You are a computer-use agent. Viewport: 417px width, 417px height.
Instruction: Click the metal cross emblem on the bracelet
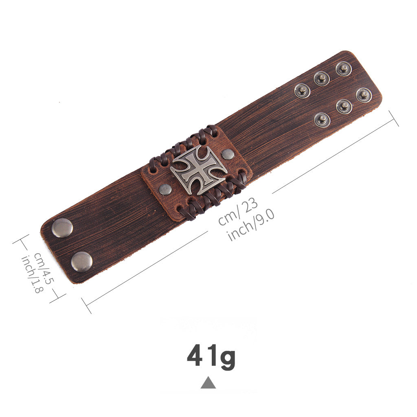(199, 170)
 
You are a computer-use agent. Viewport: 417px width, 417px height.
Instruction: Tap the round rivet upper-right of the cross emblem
(228, 154)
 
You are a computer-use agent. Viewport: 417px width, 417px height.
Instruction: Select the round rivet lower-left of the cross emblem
(165, 189)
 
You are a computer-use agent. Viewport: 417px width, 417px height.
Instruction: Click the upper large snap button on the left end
(62, 228)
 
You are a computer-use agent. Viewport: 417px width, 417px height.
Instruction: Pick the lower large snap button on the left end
(81, 262)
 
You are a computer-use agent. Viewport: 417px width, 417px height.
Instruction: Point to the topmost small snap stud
(343, 68)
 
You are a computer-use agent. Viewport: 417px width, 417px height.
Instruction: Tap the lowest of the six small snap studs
(322, 120)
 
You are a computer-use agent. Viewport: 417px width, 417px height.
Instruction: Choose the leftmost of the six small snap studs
(302, 91)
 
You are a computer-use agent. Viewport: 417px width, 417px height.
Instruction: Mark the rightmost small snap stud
(364, 95)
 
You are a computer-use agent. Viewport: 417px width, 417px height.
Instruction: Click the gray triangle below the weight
(208, 383)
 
